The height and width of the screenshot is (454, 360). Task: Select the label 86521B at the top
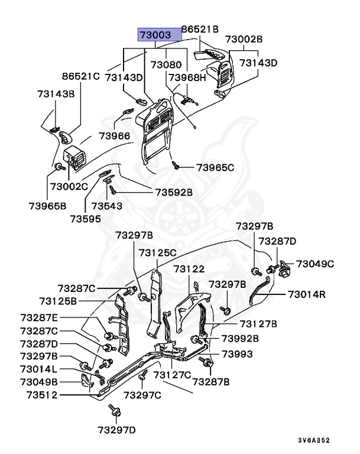tap(200, 29)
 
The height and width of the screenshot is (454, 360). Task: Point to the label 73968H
tap(187, 77)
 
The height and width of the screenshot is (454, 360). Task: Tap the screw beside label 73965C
tap(176, 165)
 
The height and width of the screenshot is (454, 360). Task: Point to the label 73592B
tap(174, 192)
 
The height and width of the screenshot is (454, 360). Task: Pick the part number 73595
tap(85, 218)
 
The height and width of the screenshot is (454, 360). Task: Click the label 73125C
tap(158, 252)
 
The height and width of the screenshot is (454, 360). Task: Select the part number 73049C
tap(315, 264)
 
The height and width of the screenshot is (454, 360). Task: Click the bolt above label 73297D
tap(112, 409)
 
